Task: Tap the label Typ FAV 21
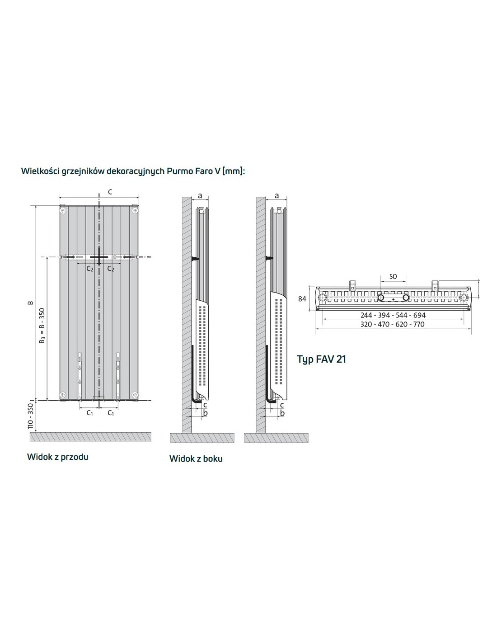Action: tap(321, 359)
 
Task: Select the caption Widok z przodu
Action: tap(58, 457)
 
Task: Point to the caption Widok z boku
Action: tap(196, 459)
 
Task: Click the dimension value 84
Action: tap(302, 299)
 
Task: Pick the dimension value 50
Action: tap(393, 276)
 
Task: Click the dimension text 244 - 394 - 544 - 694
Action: tap(393, 315)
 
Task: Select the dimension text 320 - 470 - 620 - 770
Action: tap(392, 324)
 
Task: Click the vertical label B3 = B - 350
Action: tap(43, 326)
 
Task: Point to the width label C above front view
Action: tap(110, 192)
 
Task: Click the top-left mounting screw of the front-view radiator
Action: tap(63, 211)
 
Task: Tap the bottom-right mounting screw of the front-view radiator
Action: tap(135, 394)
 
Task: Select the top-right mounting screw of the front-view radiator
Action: tap(135, 211)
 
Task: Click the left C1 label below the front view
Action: tap(89, 412)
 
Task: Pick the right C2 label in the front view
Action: tap(111, 269)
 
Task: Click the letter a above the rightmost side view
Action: tap(277, 195)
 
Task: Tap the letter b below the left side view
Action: tap(206, 412)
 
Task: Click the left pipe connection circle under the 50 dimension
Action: tap(381, 297)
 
